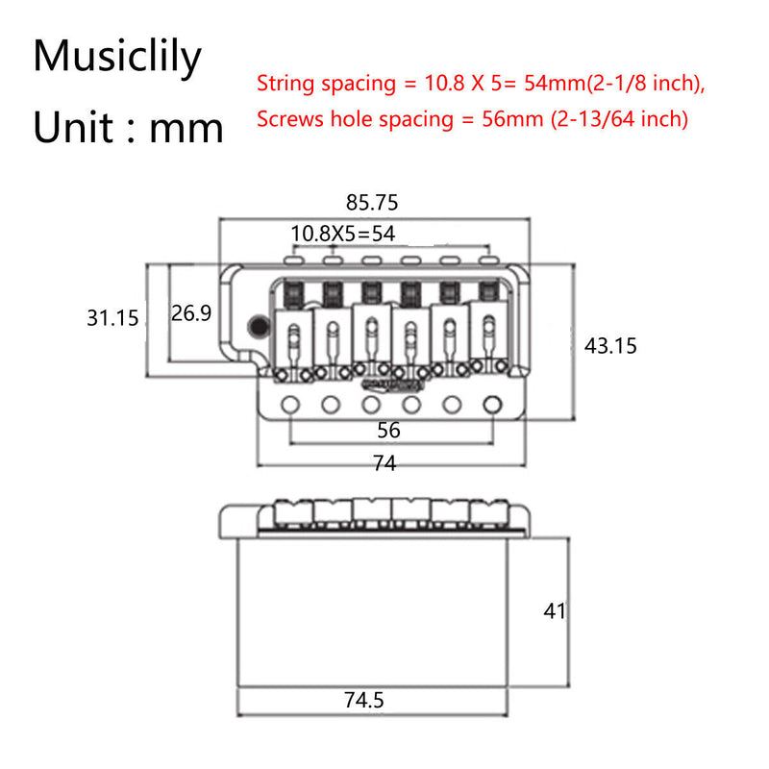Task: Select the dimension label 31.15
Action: (x=113, y=318)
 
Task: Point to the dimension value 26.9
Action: (x=191, y=313)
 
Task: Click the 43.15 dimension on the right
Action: (x=610, y=345)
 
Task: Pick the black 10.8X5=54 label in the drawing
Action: (x=343, y=233)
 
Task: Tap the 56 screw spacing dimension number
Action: (x=388, y=430)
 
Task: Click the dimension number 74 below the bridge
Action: (x=384, y=463)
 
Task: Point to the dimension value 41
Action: (x=554, y=610)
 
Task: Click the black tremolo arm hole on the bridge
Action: (x=258, y=327)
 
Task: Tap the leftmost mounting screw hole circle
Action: (x=288, y=404)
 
